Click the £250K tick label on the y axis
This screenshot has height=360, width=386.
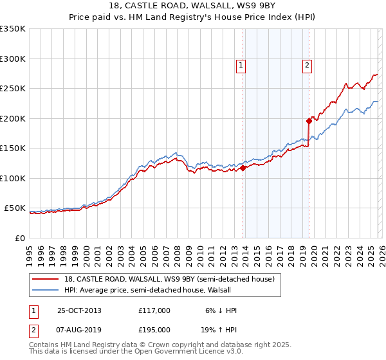click(x=12, y=88)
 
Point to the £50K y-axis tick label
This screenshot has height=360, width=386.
click(x=15, y=208)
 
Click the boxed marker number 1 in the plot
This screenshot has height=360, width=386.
click(x=240, y=64)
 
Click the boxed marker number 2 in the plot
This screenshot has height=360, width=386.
click(x=308, y=64)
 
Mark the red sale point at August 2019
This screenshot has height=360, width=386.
click(x=309, y=120)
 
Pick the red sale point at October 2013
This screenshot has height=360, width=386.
click(x=243, y=168)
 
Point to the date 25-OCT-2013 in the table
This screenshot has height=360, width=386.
click(x=80, y=310)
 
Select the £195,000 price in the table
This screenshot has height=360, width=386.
click(x=154, y=329)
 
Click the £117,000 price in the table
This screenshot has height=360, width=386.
click(x=154, y=310)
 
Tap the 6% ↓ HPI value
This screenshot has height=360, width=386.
click(x=220, y=310)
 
